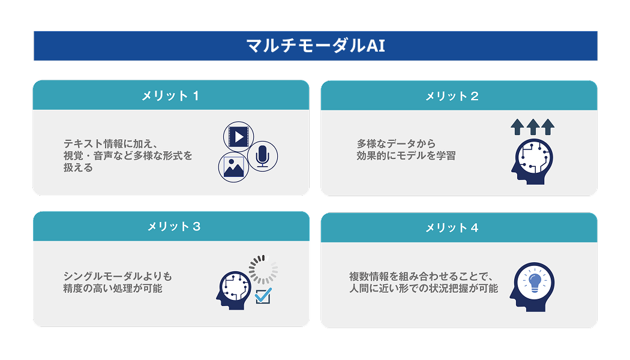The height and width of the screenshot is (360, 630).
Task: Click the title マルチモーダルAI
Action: pos(315,46)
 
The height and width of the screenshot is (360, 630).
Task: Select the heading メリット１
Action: pos(170,95)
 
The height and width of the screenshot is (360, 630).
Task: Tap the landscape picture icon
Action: pos(233,166)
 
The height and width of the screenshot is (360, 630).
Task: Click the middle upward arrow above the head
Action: pos(533,127)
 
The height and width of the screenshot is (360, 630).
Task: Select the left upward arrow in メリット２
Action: pos(518,127)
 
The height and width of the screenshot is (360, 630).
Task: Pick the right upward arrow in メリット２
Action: pos(548,127)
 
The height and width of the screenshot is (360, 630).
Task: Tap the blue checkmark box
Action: pos(263,296)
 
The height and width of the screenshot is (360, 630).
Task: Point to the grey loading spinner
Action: pos(263,269)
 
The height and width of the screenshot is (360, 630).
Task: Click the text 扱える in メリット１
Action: pos(79,168)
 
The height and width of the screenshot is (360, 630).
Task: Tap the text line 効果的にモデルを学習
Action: pos(406,156)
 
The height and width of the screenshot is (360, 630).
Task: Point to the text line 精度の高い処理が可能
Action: pos(113,289)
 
